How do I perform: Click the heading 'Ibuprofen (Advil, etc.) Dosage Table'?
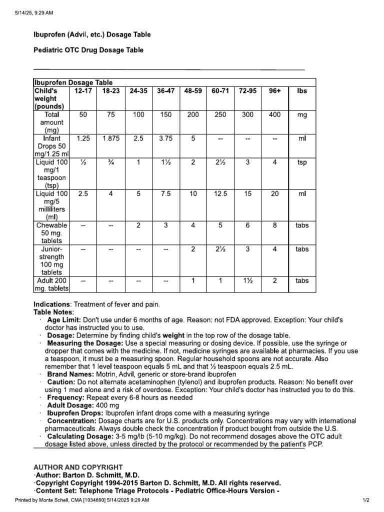pyautogui.click(x=92, y=34)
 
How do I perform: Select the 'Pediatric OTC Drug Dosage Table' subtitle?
pyautogui.click(x=88, y=50)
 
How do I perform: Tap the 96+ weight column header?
pyautogui.click(x=274, y=91)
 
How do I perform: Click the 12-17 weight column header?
pyautogui.click(x=83, y=91)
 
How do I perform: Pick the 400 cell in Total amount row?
pyautogui.click(x=274, y=114)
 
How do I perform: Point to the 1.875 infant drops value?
pyautogui.click(x=111, y=138)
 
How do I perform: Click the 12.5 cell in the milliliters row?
pyautogui.click(x=220, y=193)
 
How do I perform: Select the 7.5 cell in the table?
pyautogui.click(x=165, y=193)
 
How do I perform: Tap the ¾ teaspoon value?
pyautogui.click(x=111, y=162)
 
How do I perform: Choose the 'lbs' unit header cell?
pyautogui.click(x=302, y=91)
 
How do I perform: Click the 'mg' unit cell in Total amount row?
pyautogui.click(x=302, y=114)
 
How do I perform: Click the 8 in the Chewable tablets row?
pyautogui.click(x=274, y=225)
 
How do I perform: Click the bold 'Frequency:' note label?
pyautogui.click(x=66, y=397)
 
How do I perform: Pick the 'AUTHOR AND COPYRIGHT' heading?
pyautogui.click(x=78, y=467)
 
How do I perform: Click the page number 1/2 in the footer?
pyautogui.click(x=365, y=500)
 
